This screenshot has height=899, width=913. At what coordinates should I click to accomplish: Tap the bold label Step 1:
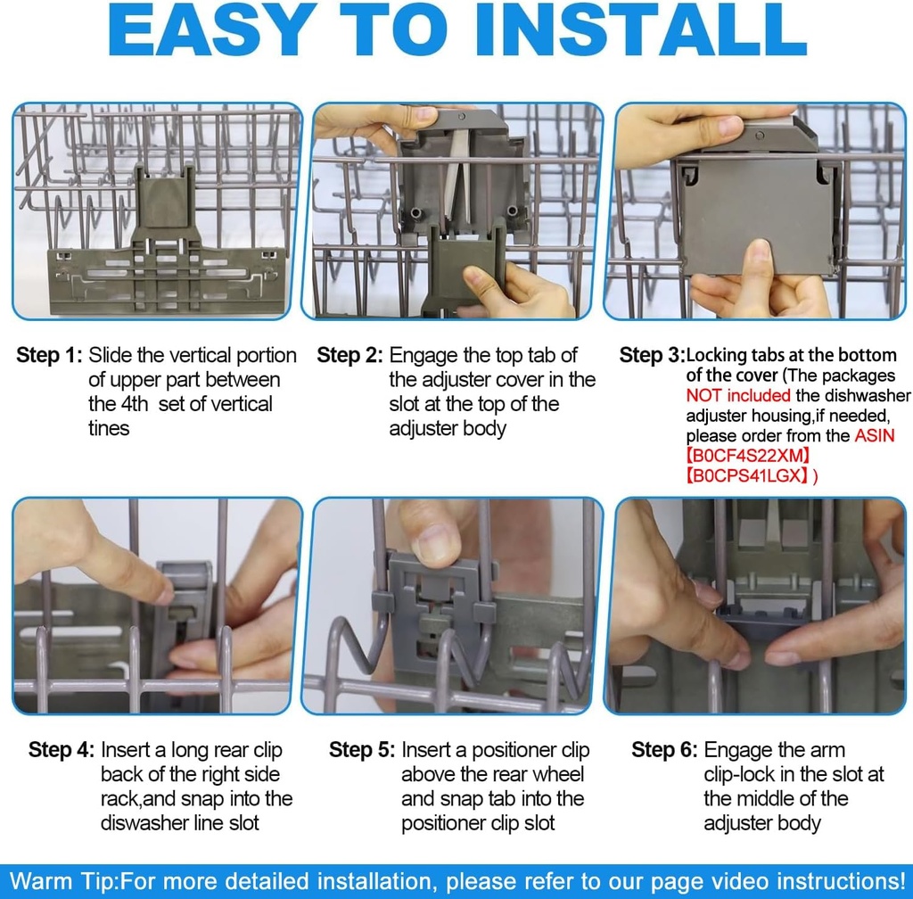pyautogui.click(x=49, y=355)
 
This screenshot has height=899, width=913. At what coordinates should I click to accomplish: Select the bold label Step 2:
pyautogui.click(x=350, y=355)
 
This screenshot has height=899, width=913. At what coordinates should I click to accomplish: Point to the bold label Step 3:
pyautogui.click(x=652, y=356)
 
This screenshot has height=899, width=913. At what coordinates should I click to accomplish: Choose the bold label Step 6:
pyautogui.click(x=664, y=750)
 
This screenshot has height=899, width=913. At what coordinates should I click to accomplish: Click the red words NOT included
pyautogui.click(x=737, y=395)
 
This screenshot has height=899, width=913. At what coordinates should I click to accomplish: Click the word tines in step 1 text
pyautogui.click(x=109, y=428)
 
